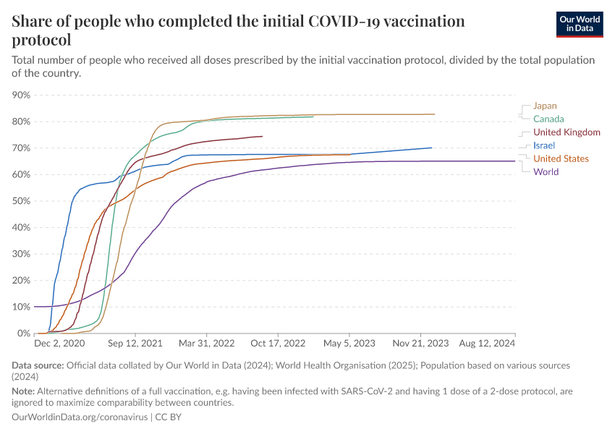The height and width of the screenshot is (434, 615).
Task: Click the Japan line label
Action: (545, 106)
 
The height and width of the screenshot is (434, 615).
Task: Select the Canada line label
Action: (548, 119)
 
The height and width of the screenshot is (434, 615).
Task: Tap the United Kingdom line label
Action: (567, 132)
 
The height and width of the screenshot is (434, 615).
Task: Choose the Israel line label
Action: (543, 145)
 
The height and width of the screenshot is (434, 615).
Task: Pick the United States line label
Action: (561, 158)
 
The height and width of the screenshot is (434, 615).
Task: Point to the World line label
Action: (546, 171)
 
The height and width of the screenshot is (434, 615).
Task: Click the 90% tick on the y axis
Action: (20, 95)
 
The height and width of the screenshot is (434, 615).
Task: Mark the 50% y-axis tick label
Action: (20, 201)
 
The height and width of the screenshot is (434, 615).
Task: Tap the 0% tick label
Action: (23, 333)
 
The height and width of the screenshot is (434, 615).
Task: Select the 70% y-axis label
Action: (20, 148)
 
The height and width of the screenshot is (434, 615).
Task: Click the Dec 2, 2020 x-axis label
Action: (59, 344)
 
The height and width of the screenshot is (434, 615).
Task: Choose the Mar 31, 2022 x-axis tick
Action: (208, 344)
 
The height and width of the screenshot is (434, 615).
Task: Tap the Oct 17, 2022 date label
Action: (279, 344)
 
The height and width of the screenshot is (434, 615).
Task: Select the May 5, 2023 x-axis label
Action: (349, 344)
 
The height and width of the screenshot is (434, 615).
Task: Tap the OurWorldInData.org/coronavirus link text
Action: (80, 417)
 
